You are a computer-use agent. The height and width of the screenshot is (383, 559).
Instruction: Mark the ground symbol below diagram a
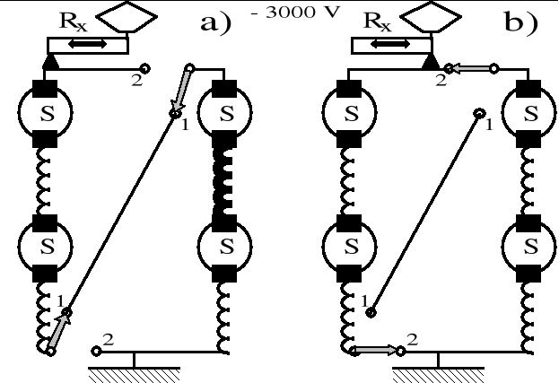[x=134, y=368]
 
